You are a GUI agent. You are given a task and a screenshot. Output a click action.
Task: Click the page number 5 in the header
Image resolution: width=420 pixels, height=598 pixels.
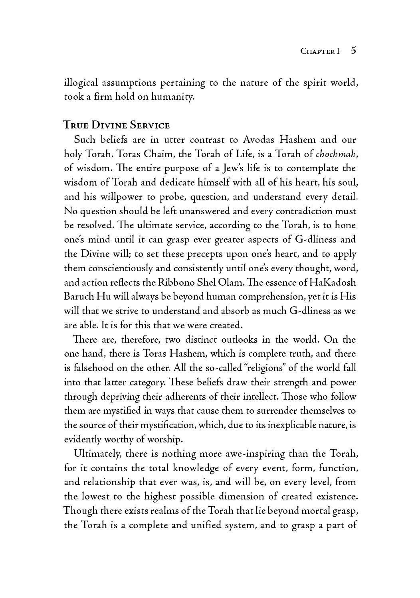(353, 51)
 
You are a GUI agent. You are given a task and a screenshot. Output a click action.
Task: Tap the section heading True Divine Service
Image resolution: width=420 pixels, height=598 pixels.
(117, 125)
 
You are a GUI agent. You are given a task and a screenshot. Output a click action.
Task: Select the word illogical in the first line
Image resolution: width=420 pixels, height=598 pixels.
(81, 83)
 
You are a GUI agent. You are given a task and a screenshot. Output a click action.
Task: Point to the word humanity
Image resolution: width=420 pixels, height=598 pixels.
(172, 97)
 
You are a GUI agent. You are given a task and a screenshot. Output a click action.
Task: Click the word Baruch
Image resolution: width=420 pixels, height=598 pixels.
(78, 297)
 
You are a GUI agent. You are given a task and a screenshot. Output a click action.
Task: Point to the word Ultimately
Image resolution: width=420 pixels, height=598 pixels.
(96, 454)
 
